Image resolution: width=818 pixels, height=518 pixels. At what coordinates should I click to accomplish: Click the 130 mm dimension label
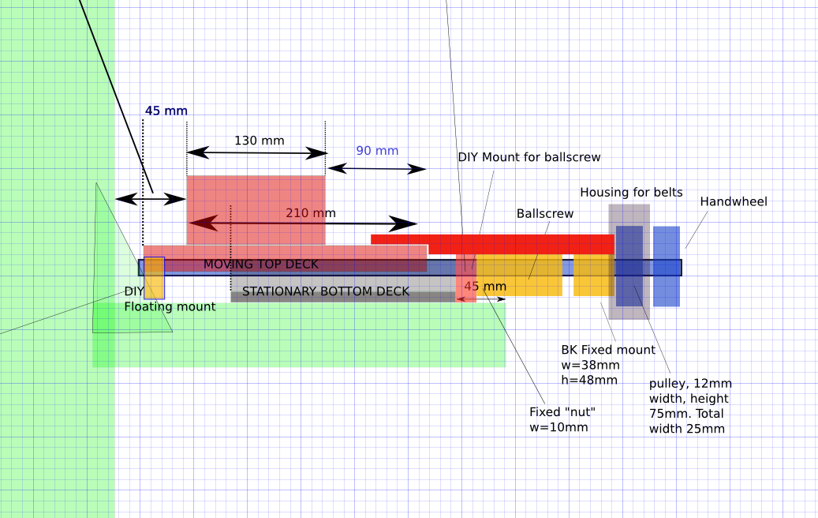pyautogui.click(x=259, y=141)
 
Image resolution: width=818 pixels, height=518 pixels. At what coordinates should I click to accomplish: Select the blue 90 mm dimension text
pyautogui.click(x=377, y=151)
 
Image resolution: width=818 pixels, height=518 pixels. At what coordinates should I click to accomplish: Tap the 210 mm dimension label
pyautogui.click(x=310, y=213)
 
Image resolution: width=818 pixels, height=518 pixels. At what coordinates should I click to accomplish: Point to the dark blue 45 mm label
pyautogui.click(x=166, y=111)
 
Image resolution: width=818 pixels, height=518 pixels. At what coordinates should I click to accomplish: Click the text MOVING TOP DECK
pyautogui.click(x=261, y=264)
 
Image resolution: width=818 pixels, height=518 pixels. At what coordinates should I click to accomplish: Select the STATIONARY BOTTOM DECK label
pyautogui.click(x=326, y=291)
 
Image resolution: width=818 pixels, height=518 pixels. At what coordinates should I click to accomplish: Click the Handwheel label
pyautogui.click(x=734, y=202)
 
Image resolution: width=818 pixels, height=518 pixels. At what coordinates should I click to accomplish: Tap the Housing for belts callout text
pyautogui.click(x=631, y=193)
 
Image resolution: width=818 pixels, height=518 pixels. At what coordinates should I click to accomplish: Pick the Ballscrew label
pyautogui.click(x=545, y=214)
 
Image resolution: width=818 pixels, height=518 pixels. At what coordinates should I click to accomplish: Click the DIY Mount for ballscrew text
pyautogui.click(x=529, y=157)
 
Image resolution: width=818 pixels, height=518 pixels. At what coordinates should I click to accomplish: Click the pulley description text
pyautogui.click(x=689, y=406)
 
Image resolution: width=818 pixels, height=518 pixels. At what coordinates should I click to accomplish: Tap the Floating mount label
pyautogui.click(x=169, y=306)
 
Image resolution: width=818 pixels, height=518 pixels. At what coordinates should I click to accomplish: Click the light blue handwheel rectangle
pyautogui.click(x=667, y=266)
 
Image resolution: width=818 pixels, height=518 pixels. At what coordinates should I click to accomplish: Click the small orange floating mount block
pyautogui.click(x=154, y=278)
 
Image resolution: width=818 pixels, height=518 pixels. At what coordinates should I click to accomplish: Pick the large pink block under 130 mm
pyautogui.click(x=256, y=209)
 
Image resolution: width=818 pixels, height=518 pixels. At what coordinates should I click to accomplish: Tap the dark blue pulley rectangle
pyautogui.click(x=629, y=266)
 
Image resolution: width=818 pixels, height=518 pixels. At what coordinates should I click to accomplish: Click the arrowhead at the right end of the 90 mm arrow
pyautogui.click(x=420, y=169)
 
